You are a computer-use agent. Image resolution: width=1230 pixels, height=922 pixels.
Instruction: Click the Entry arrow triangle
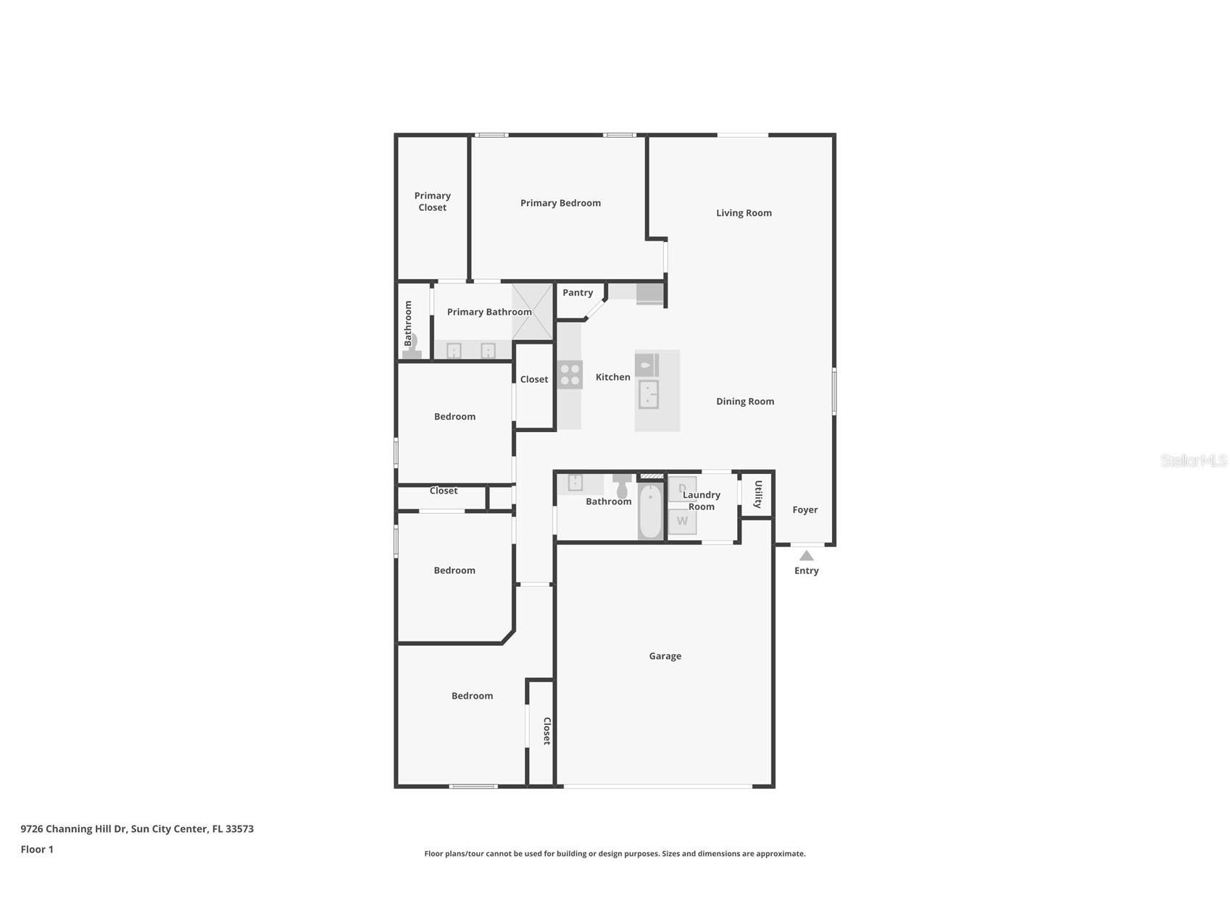coord(806,556)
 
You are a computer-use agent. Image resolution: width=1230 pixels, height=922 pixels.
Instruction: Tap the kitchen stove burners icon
coord(570,375)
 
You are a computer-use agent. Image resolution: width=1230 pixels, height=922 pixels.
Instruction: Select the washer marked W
coord(682,521)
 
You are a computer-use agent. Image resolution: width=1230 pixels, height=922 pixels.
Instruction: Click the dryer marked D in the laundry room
coord(682,488)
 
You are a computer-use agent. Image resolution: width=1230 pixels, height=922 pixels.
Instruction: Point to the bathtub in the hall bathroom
coord(650,512)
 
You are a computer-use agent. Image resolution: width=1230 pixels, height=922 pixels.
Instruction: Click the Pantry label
coord(578,293)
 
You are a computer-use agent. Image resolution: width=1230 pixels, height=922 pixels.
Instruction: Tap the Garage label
coord(665,656)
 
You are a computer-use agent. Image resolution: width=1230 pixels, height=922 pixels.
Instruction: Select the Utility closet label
coord(758,494)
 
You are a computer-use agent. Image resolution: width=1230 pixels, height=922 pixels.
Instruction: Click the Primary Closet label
coord(433,202)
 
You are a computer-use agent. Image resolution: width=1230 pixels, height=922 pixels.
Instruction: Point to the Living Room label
coord(744,213)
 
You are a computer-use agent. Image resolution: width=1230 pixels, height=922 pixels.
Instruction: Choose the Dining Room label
coord(745,402)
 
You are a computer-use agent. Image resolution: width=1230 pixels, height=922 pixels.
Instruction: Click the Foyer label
coord(805,510)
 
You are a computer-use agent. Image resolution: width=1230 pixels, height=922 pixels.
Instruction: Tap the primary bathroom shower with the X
coord(533,312)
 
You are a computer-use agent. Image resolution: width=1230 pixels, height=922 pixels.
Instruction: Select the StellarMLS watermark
coord(1193,461)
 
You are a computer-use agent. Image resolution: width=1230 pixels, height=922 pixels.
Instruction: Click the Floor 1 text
coord(37,850)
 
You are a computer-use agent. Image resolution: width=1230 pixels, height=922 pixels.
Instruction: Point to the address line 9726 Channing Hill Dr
coord(137,829)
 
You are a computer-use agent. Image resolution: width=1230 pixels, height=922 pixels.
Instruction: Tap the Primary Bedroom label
coord(560,203)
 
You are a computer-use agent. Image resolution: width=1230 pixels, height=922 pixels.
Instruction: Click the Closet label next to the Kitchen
coord(534,380)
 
